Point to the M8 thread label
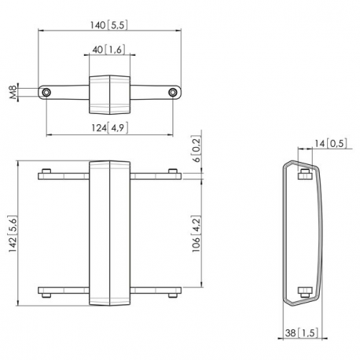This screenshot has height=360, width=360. pos(13,92)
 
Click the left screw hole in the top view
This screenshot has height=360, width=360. pos(49,92)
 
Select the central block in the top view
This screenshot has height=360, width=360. pos(110,92)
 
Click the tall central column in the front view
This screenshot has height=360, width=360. pos(109,233)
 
